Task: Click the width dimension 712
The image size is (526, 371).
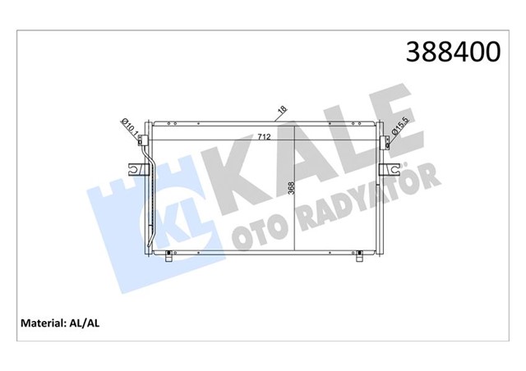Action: [264, 136]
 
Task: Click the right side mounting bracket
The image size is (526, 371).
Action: [390, 169]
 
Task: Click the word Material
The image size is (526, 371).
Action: [40, 323]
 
